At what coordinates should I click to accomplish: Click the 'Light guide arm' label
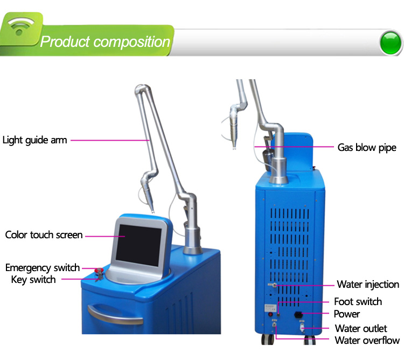click(x=35, y=141)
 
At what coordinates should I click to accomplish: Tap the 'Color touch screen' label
click(x=44, y=235)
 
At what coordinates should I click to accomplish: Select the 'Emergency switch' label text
click(x=43, y=268)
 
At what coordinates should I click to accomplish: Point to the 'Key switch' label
click(x=33, y=280)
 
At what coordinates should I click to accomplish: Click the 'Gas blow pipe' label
click(x=367, y=148)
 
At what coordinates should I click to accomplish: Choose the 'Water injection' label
click(x=368, y=285)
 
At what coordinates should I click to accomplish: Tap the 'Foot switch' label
click(x=358, y=301)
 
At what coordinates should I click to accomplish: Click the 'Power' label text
click(x=347, y=314)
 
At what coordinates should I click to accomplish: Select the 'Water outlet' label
click(x=361, y=328)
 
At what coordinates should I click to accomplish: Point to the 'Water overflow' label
click(x=367, y=340)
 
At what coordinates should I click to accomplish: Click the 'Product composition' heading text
click(x=105, y=41)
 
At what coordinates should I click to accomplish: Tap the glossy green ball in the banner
click(x=391, y=43)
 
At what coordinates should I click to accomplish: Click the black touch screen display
click(x=139, y=245)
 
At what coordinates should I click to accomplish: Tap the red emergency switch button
click(x=99, y=271)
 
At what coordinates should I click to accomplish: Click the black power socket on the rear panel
click(x=298, y=314)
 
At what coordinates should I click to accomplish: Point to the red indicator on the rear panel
click(x=270, y=314)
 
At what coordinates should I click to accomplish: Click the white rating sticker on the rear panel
click(x=271, y=308)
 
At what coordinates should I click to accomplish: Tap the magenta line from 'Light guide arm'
click(x=110, y=141)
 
